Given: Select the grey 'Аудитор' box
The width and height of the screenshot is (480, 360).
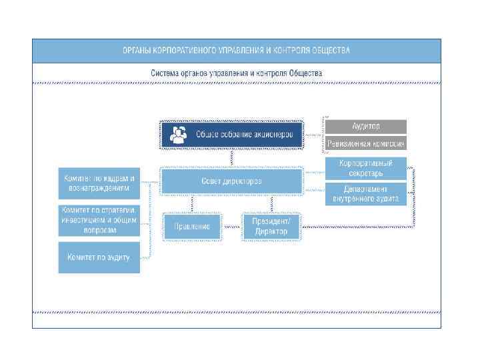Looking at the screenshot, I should click(x=365, y=126).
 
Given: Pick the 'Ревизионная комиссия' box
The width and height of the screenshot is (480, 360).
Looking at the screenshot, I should click(x=365, y=143).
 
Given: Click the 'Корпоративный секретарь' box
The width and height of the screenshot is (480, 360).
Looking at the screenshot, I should click(x=365, y=168).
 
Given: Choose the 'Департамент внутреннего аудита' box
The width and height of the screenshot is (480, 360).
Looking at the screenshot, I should click(x=365, y=193).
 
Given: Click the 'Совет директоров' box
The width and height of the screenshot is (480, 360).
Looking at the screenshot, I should click(x=231, y=181).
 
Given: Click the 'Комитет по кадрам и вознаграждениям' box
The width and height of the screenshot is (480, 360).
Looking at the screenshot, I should click(x=99, y=183).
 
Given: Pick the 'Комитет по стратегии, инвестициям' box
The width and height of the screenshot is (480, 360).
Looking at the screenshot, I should click(x=99, y=220).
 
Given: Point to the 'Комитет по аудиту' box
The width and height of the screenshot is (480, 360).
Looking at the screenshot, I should click(x=99, y=257).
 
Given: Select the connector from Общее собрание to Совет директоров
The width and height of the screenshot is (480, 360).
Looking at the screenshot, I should click(x=231, y=158).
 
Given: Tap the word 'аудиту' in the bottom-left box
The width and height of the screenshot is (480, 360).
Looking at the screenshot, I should click(x=119, y=257).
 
